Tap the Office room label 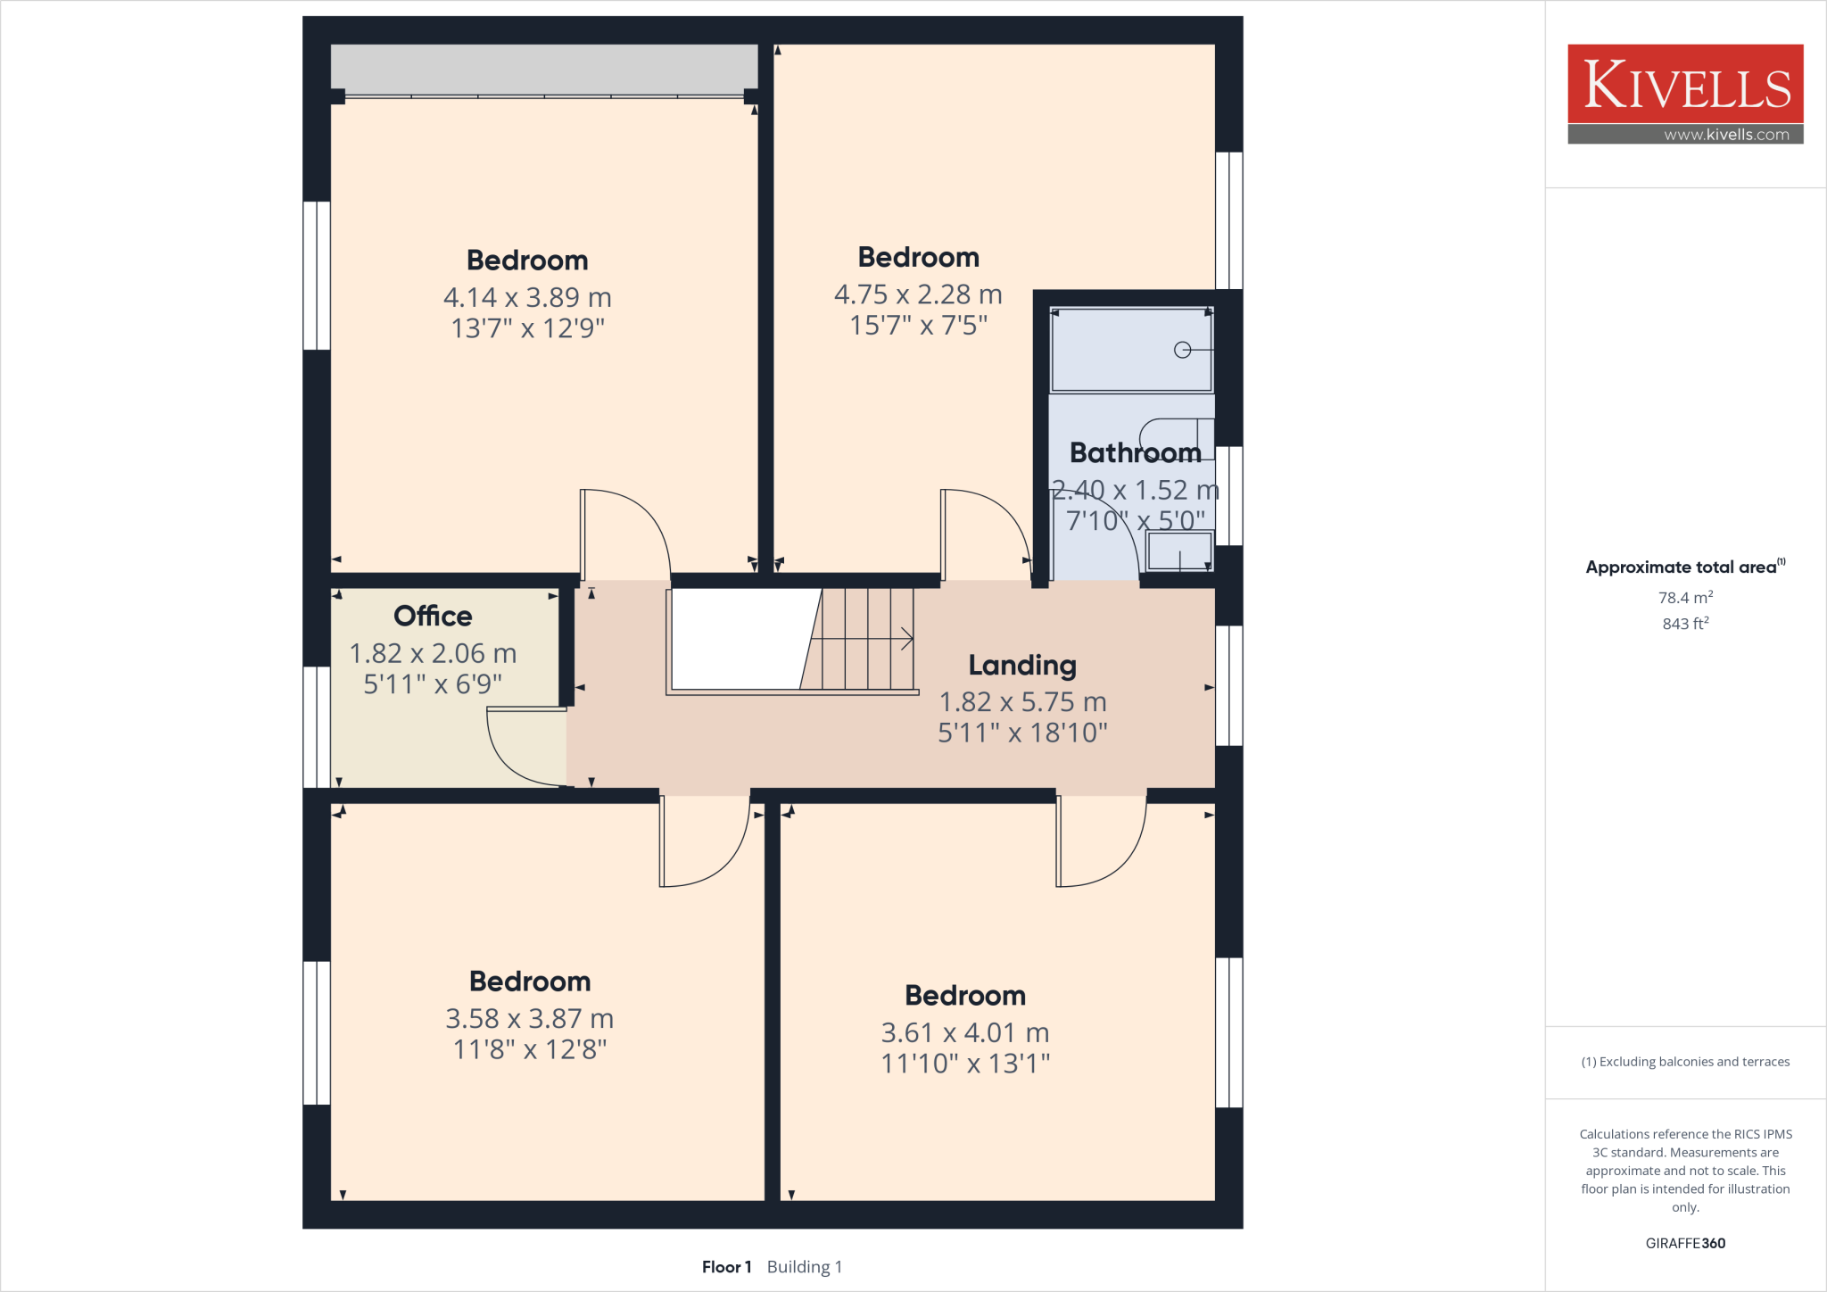[433, 616]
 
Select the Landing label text [1022, 665]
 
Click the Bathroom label [1135, 452]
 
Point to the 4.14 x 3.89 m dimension [527, 297]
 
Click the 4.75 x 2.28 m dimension [918, 294]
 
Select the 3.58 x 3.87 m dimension [530, 1018]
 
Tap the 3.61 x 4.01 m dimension [965, 1032]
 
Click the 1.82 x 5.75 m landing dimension [1022, 702]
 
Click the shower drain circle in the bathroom [1183, 350]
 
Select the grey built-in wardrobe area [544, 68]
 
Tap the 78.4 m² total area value [1685, 598]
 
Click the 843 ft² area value [1685, 624]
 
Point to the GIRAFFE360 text [1685, 1243]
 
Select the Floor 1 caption [726, 1267]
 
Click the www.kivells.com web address [1726, 135]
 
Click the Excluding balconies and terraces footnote [1685, 1062]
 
